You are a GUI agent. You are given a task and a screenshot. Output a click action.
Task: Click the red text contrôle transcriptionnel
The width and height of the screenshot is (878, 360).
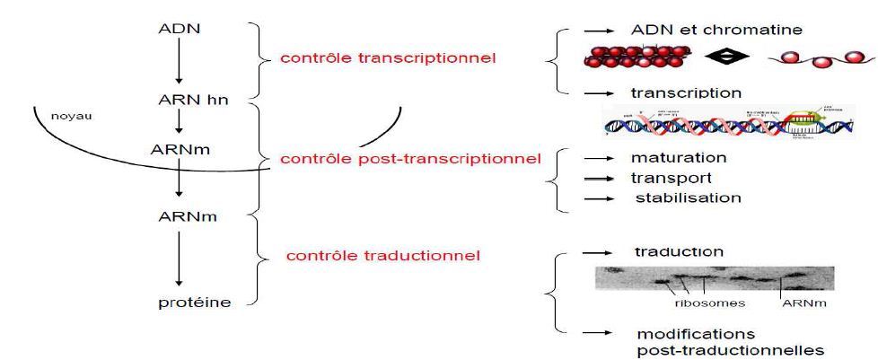coord(388,58)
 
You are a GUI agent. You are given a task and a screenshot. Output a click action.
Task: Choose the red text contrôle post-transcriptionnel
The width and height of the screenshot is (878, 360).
coord(410,159)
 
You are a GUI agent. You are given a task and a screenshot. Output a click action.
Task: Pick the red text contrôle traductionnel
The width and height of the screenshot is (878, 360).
coord(382,256)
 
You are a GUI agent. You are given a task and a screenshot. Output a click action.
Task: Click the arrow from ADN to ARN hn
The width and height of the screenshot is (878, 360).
coord(179,63)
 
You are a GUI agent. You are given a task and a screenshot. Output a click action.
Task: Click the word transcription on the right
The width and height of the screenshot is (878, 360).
coord(685,92)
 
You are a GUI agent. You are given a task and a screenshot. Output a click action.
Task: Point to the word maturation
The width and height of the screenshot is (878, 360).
coord(679,158)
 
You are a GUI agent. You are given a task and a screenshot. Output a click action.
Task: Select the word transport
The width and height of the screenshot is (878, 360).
coord(672,178)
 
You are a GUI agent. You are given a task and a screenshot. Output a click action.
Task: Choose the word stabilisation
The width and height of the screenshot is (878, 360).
coord(688,198)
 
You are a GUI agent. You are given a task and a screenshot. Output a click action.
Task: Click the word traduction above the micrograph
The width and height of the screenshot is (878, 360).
coord(679,252)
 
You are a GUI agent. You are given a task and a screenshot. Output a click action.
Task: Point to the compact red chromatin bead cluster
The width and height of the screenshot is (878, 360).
coord(632,57)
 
